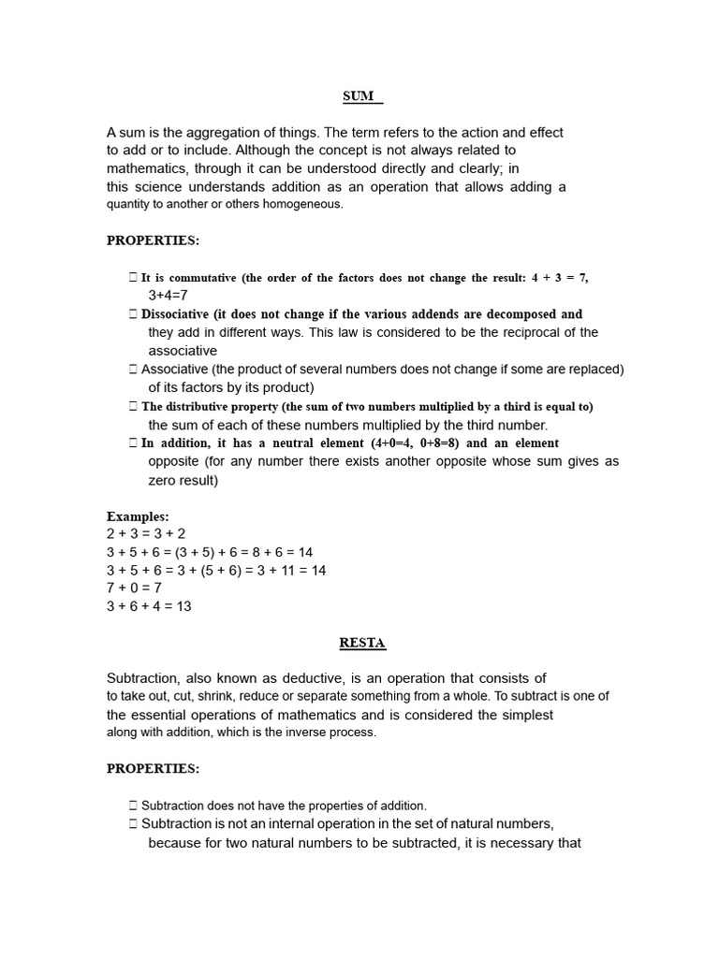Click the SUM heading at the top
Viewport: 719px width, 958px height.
pos(359,96)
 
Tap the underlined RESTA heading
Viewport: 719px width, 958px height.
pos(361,643)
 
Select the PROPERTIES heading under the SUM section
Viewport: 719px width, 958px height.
pos(153,240)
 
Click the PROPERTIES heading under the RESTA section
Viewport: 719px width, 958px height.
pos(153,768)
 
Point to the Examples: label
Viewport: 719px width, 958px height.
pos(138,516)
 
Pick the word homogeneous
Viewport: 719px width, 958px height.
pos(302,204)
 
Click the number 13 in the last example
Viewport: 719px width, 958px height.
pos(183,606)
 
